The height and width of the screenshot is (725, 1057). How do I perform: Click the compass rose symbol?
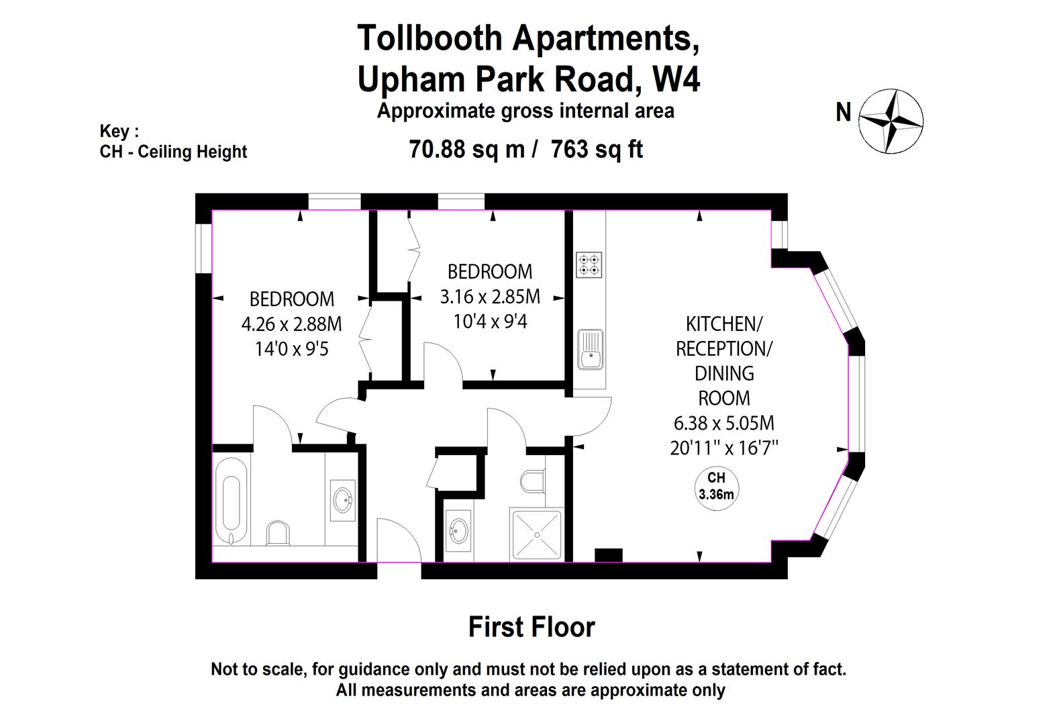click(891, 121)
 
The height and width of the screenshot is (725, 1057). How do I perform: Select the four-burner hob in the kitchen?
click(589, 264)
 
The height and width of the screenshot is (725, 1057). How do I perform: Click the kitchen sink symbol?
click(591, 348)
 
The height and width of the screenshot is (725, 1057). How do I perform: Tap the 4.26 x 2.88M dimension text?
click(291, 324)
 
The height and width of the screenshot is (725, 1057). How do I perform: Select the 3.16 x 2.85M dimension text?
click(490, 296)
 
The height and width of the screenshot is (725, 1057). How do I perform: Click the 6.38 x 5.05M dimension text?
click(723, 423)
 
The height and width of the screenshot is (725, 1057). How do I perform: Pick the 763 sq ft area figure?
click(597, 149)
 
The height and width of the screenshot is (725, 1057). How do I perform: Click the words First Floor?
click(531, 627)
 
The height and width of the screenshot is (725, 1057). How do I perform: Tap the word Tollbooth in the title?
click(430, 38)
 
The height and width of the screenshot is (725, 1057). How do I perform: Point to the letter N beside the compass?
click(843, 112)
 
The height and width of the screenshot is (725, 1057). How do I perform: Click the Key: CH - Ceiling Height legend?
click(173, 142)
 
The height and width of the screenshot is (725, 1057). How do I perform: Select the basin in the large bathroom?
click(343, 500)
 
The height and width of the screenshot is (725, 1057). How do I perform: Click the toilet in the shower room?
click(534, 480)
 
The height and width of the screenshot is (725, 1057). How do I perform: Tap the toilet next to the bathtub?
click(278, 533)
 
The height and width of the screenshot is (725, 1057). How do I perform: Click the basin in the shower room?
click(459, 530)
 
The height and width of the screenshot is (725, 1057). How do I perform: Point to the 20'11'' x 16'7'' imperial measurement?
click(723, 448)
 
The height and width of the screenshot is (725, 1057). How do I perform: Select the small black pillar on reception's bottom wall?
click(608, 555)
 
